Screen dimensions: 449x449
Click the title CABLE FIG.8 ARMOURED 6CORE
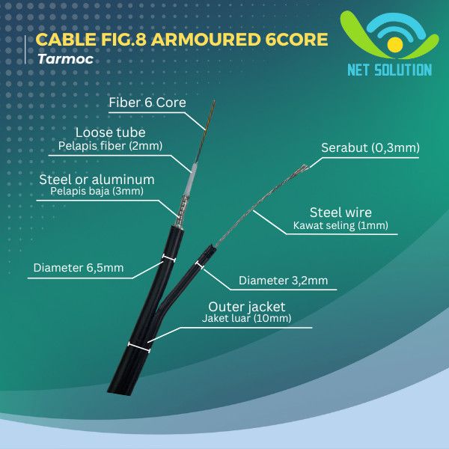click(181, 40)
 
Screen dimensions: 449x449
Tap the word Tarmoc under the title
click(60, 58)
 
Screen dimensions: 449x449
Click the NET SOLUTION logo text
click(389, 70)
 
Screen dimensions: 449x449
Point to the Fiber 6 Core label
click(147, 103)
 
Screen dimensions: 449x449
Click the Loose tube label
click(110, 132)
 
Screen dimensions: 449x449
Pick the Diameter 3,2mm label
click(283, 281)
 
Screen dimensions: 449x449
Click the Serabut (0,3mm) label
click(370, 148)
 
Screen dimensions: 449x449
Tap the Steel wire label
click(340, 213)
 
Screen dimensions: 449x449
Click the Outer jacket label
click(246, 306)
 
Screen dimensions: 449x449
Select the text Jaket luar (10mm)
click(246, 319)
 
